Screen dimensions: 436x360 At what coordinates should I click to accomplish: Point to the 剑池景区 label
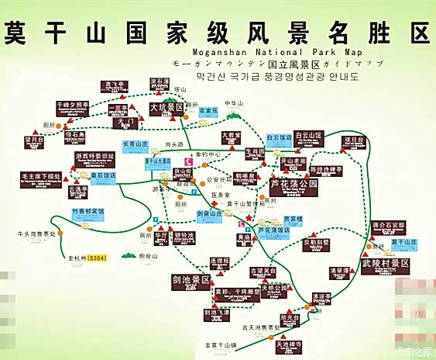(191, 281)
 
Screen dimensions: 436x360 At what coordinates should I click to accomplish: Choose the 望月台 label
(33, 141)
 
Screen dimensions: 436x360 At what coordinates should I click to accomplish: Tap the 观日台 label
(353, 140)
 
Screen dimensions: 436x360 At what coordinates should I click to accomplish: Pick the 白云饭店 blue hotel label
(279, 137)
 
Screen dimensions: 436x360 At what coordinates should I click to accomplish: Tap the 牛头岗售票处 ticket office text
(37, 233)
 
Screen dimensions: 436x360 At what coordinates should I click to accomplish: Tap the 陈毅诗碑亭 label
(326, 169)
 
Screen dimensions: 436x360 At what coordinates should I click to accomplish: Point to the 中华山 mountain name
(234, 102)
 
